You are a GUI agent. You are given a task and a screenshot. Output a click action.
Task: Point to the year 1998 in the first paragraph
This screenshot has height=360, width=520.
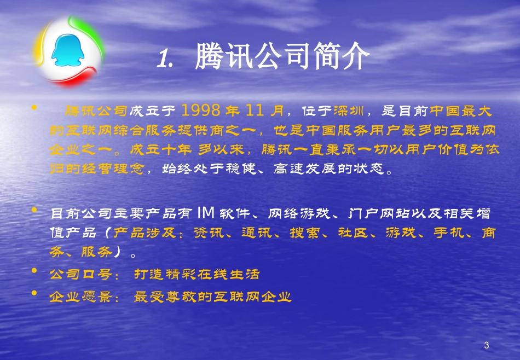201,111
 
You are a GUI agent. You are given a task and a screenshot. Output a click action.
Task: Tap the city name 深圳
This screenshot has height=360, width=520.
346,112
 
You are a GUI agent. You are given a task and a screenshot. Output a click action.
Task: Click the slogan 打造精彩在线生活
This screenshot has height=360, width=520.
197,274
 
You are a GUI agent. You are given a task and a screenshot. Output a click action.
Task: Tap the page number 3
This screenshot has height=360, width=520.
487,345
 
